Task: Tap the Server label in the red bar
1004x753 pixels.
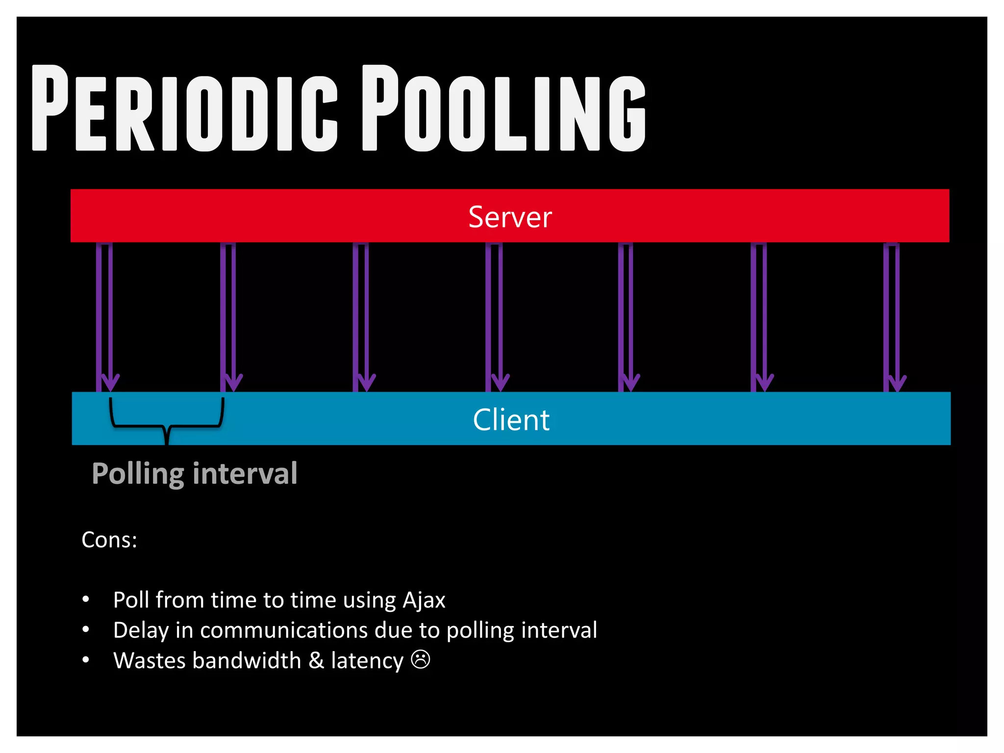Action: click(x=510, y=217)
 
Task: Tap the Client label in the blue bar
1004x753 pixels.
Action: click(x=511, y=420)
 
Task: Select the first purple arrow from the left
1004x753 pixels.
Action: click(x=105, y=316)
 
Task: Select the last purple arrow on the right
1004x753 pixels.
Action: click(x=892, y=316)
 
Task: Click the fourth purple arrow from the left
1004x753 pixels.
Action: click(x=495, y=316)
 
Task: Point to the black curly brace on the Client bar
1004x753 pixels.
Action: click(x=167, y=419)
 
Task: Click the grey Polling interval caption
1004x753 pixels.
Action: click(x=195, y=474)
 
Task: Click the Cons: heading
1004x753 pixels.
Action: click(x=109, y=540)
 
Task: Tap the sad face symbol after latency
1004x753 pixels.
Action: click(x=421, y=659)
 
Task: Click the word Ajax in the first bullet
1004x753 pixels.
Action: click(x=424, y=600)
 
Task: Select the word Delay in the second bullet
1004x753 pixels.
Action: click(x=141, y=630)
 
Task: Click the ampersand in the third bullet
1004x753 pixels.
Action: click(x=316, y=660)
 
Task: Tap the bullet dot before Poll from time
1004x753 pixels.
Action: click(x=86, y=600)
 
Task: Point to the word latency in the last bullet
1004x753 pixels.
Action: click(x=367, y=660)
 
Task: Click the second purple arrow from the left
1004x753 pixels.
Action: click(x=228, y=316)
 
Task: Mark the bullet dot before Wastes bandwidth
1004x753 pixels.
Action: click(x=86, y=660)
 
